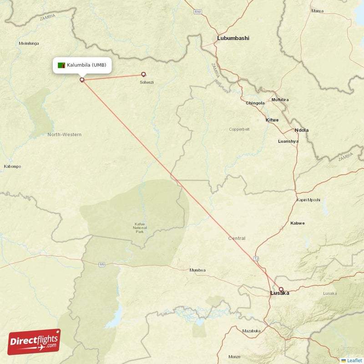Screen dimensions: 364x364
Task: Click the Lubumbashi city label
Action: click(x=233, y=38)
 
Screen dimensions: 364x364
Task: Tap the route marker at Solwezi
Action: click(x=143, y=75)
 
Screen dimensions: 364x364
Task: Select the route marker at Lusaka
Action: click(x=281, y=289)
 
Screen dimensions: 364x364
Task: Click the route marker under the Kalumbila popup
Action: click(x=82, y=80)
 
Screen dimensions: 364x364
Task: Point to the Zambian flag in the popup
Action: click(x=61, y=65)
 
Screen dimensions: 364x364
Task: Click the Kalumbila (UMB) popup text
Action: click(x=86, y=65)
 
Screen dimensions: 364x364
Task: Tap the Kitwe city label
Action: click(x=272, y=120)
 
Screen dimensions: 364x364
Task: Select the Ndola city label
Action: click(x=302, y=130)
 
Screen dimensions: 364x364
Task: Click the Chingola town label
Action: click(x=255, y=103)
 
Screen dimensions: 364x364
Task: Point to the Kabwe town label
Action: click(x=298, y=223)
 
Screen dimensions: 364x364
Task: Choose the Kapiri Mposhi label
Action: click(x=308, y=200)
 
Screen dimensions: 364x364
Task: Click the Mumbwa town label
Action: click(x=197, y=270)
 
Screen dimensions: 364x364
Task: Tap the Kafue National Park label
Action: click(x=139, y=227)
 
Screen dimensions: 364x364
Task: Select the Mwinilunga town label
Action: click(x=29, y=43)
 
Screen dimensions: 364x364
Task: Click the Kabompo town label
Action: click(x=12, y=167)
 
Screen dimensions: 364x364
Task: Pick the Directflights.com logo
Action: click(x=34, y=342)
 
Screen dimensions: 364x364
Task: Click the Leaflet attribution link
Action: click(x=354, y=360)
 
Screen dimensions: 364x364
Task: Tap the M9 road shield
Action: click(x=102, y=264)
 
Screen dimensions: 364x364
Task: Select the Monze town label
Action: click(x=234, y=357)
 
